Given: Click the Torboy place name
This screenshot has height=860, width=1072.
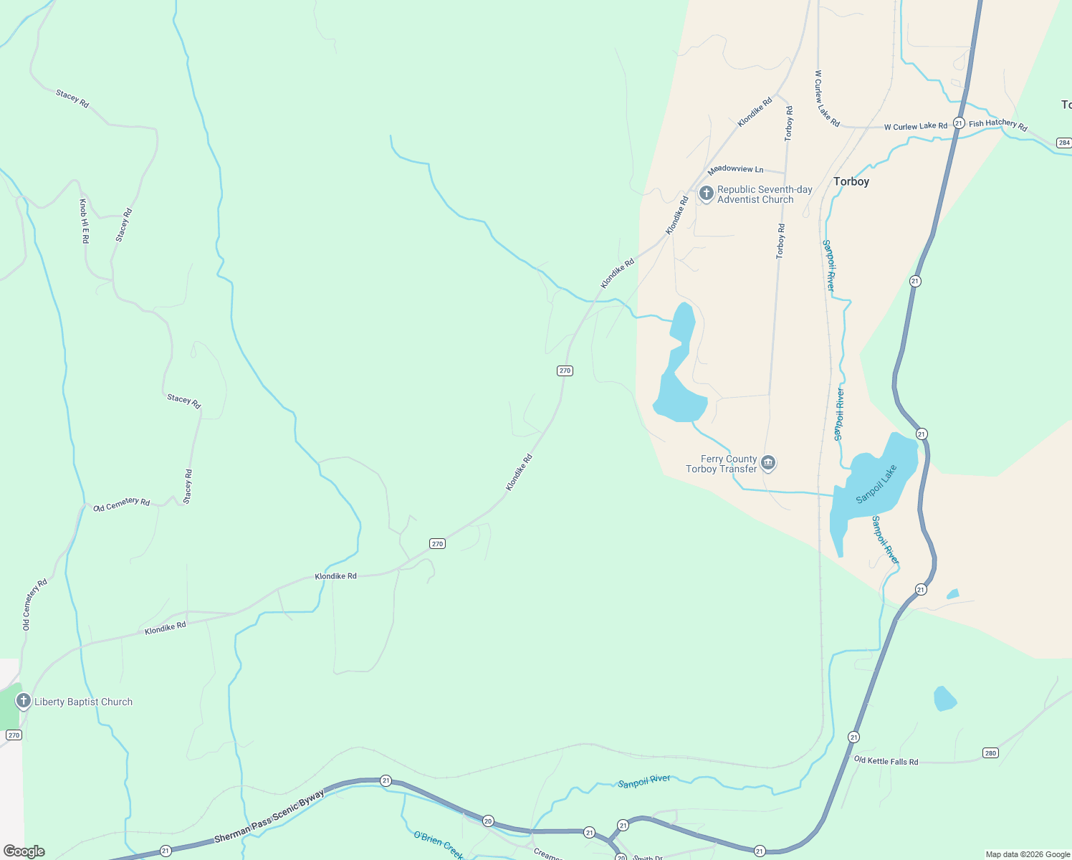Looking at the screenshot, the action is tap(851, 182).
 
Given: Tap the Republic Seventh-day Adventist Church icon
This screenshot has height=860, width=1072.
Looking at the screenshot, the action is tap(706, 193).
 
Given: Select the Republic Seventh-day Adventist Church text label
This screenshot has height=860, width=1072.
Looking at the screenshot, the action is tap(765, 195).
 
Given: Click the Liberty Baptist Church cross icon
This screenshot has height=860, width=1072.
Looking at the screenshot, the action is tap(23, 701).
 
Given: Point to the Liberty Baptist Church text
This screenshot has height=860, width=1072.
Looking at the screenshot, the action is tap(83, 702).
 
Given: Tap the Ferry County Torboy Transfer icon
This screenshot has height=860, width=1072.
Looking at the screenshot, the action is tap(768, 463).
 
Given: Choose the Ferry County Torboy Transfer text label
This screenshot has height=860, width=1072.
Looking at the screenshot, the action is tap(722, 464).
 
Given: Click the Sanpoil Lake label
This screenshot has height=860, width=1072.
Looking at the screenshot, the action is tap(876, 484).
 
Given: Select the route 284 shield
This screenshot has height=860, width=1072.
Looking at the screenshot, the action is tap(1063, 143).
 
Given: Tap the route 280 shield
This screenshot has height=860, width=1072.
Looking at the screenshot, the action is tap(990, 752).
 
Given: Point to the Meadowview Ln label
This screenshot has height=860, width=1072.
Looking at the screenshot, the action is tap(735, 169).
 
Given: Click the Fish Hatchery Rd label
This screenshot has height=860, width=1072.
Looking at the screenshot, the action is tap(997, 125).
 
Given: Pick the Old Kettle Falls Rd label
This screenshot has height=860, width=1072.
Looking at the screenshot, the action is tap(886, 760).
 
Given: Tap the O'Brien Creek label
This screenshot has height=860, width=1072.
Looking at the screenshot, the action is tap(439, 845).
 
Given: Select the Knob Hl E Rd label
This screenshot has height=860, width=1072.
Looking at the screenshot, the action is tap(84, 221).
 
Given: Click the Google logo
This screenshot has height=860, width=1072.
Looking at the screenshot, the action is tap(24, 851).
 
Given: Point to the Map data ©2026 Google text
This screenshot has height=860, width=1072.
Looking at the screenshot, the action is tap(1028, 854).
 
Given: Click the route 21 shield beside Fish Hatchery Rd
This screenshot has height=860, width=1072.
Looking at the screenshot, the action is tap(958, 123).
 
